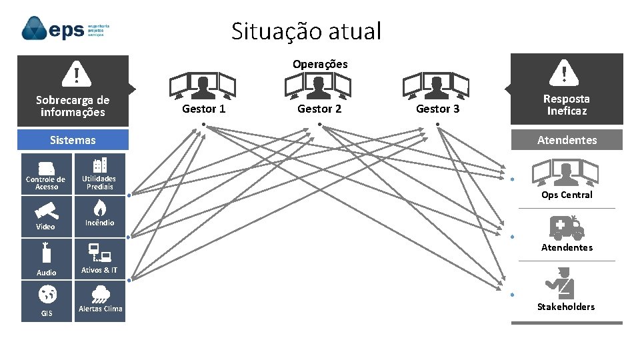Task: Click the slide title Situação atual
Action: (307, 31)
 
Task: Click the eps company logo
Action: (65, 29)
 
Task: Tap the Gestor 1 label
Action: (204, 109)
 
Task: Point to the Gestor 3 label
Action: (437, 109)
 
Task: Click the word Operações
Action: (320, 64)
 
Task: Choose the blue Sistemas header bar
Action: (73, 140)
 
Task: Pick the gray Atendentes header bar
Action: (567, 140)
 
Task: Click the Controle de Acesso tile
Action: (46, 174)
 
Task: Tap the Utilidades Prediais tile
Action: (99, 174)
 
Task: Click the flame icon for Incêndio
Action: (99, 206)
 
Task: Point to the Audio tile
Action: (46, 259)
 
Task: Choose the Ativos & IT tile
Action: (99, 259)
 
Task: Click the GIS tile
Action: (46, 301)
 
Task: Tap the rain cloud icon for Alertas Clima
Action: (99, 294)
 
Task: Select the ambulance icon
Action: (566, 227)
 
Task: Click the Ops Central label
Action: (567, 195)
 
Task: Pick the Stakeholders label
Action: (566, 307)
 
